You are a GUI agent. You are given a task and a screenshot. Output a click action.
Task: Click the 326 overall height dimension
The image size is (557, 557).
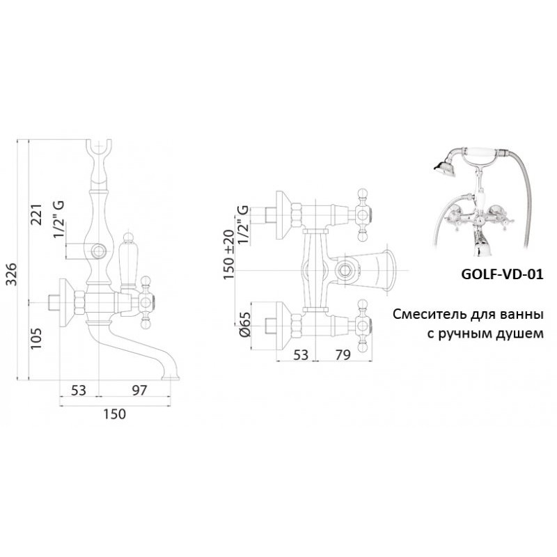tap(12, 274)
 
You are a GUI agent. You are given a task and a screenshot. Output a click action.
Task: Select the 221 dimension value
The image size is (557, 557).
tap(37, 214)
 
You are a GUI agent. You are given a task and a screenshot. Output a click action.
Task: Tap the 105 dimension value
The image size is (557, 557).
tap(37, 338)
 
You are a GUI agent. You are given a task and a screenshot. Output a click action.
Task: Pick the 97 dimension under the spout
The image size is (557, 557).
tap(139, 391)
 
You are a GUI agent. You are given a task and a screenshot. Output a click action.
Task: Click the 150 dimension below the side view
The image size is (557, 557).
tap(114, 414)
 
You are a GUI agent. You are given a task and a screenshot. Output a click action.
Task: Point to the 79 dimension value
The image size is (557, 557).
tap(343, 354)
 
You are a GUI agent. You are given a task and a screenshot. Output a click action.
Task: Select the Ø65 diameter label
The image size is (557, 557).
tap(245, 324)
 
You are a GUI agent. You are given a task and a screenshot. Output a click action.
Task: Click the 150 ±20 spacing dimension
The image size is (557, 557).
tap(228, 254)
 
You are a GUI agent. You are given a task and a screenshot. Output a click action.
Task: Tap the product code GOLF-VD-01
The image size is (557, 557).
tap(502, 274)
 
